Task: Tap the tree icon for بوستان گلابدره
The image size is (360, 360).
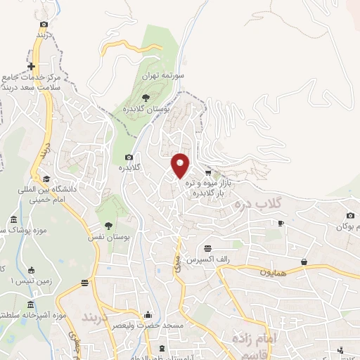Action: click(146, 97)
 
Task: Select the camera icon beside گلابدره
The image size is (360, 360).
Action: click(128, 157)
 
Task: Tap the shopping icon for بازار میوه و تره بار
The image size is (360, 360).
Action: click(207, 172)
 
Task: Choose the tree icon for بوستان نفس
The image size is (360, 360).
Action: click(108, 226)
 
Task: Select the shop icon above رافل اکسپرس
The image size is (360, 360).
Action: click(207, 248)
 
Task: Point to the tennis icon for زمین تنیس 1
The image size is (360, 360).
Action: click(30, 270)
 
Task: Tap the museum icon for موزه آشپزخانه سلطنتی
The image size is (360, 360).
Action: click(30, 304)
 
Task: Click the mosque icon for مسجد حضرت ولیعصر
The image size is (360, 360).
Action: click(148, 315)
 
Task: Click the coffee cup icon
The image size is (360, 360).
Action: click(281, 223)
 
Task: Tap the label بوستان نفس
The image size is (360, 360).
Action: click(109, 238)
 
